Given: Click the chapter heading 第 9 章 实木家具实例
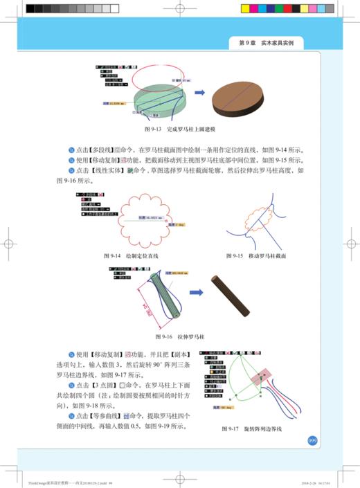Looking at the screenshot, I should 266,43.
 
